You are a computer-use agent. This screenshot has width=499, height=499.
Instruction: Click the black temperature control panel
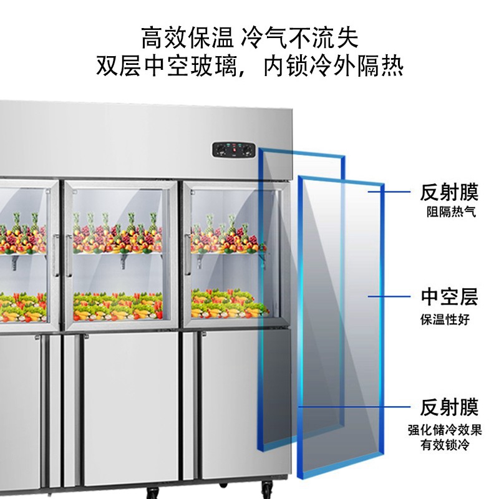pyautogui.click(x=234, y=150)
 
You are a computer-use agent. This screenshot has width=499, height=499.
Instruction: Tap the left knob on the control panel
pyautogui.click(x=220, y=150)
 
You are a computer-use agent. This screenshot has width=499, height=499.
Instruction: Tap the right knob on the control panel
pyautogui.click(x=247, y=150)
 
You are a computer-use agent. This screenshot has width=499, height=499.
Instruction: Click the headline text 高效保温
pyautogui.click(x=187, y=38)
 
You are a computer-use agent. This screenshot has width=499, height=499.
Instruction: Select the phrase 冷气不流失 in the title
pyautogui.click(x=300, y=38)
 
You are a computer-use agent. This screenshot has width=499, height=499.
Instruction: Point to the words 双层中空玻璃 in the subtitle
pyautogui.click(x=167, y=66)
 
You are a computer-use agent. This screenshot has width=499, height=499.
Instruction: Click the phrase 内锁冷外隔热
pyautogui.click(x=333, y=66)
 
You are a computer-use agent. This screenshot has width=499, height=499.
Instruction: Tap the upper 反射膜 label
pyautogui.click(x=449, y=192)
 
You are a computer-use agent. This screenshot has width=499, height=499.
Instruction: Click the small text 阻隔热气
pyautogui.click(x=451, y=211)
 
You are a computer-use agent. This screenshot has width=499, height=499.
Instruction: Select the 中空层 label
pyautogui.click(x=449, y=297)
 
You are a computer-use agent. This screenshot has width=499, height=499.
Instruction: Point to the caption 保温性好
pyautogui.click(x=445, y=319)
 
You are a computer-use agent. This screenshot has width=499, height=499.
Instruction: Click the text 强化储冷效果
pyautogui.click(x=445, y=430)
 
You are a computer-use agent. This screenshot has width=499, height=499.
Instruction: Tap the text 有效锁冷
pyautogui.click(x=445, y=444)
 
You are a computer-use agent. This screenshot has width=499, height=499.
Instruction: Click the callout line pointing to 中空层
pyautogui.click(x=389, y=297)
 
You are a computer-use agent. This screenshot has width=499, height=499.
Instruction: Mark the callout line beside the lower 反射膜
pyautogui.click(x=354, y=407)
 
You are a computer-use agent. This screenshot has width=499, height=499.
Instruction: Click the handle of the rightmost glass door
pyautogui.click(x=188, y=254)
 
